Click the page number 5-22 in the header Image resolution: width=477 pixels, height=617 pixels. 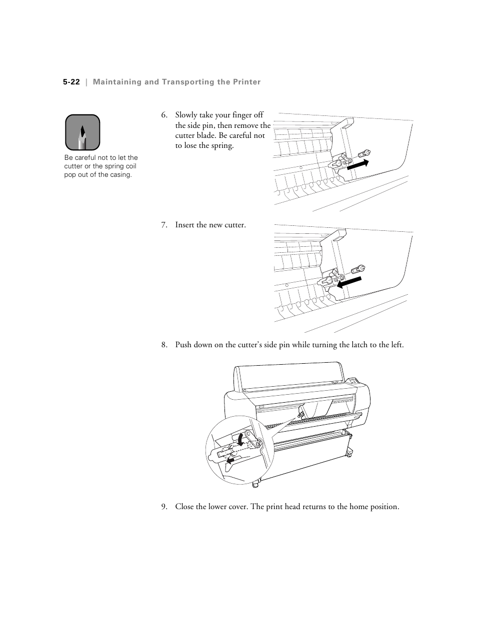click(x=71, y=82)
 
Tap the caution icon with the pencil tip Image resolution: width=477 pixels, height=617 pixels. click(x=82, y=132)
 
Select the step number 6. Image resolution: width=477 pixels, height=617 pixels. click(x=163, y=115)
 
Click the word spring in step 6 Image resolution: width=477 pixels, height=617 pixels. click(x=221, y=146)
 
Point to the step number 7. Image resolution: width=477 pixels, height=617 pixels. click(x=163, y=225)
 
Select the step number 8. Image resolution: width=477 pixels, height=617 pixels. click(x=163, y=345)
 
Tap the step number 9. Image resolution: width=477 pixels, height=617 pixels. click(x=163, y=507)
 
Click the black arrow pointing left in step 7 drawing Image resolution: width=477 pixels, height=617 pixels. click(x=349, y=282)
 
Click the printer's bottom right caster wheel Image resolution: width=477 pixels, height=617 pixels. click(x=349, y=453)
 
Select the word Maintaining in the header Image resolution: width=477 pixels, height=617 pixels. click(x=117, y=82)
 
